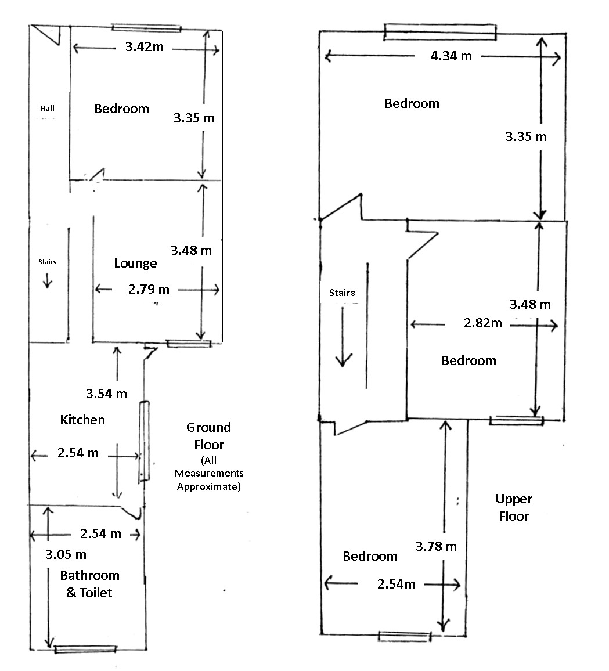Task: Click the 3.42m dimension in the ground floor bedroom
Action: pos(144,46)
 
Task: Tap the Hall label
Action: pos(48,109)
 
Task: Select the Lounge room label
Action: pos(135,263)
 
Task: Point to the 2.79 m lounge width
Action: pos(149,289)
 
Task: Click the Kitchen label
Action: pos(82,419)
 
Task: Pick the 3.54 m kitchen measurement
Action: pos(106,394)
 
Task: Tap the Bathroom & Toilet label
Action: pos(89,584)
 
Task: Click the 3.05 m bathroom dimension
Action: pos(66,554)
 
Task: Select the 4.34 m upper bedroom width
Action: pos(451,56)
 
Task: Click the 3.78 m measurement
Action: pos(436,546)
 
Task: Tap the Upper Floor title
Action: pos(514,507)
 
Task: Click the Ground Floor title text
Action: pos(209,436)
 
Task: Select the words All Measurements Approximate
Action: pos(209,473)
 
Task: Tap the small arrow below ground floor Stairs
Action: pos(47,280)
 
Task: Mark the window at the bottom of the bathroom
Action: pos(85,649)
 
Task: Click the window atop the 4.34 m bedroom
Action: pos(440,32)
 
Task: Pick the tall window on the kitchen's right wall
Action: pos(144,442)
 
